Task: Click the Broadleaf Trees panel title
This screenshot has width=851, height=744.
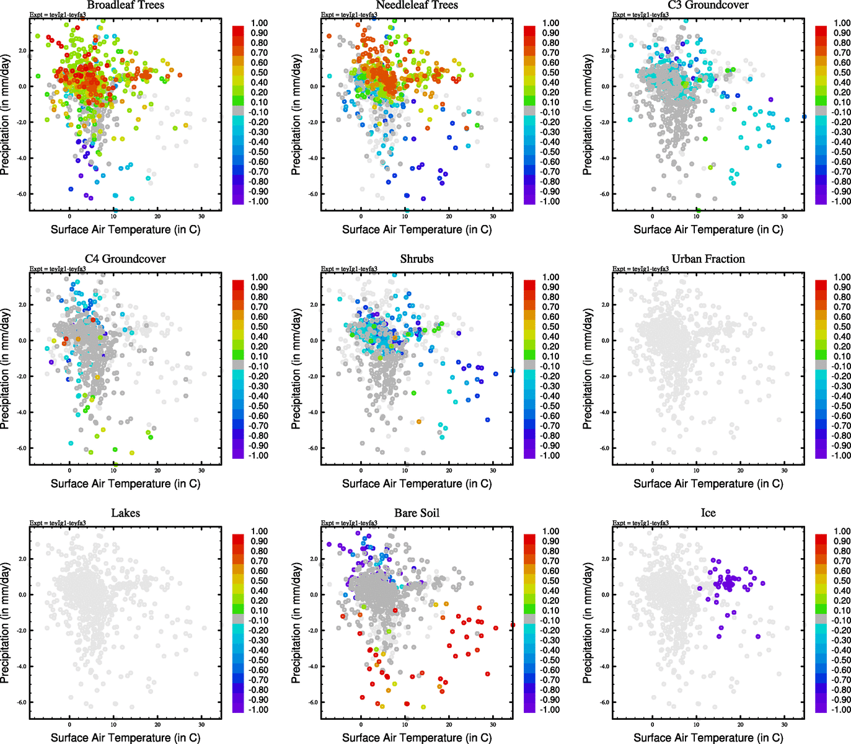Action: pyautogui.click(x=125, y=6)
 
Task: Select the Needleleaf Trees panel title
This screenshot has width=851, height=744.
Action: pyautogui.click(x=417, y=6)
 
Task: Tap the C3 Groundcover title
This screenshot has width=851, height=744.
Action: pyautogui.click(x=708, y=6)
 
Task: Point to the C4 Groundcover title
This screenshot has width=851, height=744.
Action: pyautogui.click(x=125, y=259)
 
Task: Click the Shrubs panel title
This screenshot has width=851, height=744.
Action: pyautogui.click(x=417, y=259)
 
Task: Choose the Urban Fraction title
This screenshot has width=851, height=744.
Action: pyautogui.click(x=708, y=259)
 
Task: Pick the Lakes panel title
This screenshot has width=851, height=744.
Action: pyautogui.click(x=125, y=513)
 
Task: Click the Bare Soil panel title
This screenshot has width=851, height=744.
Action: pyautogui.click(x=417, y=513)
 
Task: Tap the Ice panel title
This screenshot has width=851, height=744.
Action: pyautogui.click(x=708, y=513)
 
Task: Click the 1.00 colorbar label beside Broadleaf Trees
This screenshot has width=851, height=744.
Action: pyautogui.click(x=259, y=23)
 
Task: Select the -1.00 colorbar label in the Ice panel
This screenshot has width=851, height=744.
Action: pyautogui.click(x=840, y=709)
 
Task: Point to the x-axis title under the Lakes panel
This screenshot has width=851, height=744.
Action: pyautogui.click(x=125, y=737)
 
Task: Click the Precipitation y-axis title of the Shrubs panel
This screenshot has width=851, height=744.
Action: pyautogui.click(x=296, y=369)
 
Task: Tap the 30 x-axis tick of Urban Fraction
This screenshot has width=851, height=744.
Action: pyautogui.click(x=784, y=471)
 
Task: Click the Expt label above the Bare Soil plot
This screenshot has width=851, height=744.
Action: pyautogui.click(x=349, y=523)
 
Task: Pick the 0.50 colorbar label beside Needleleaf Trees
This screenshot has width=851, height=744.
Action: pyautogui.click(x=550, y=73)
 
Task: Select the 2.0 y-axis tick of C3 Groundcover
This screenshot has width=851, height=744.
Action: pyautogui.click(x=605, y=51)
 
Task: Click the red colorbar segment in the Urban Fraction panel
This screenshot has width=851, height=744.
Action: pyautogui.click(x=821, y=285)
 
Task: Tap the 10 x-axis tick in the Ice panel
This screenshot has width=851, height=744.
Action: pyautogui.click(x=696, y=725)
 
